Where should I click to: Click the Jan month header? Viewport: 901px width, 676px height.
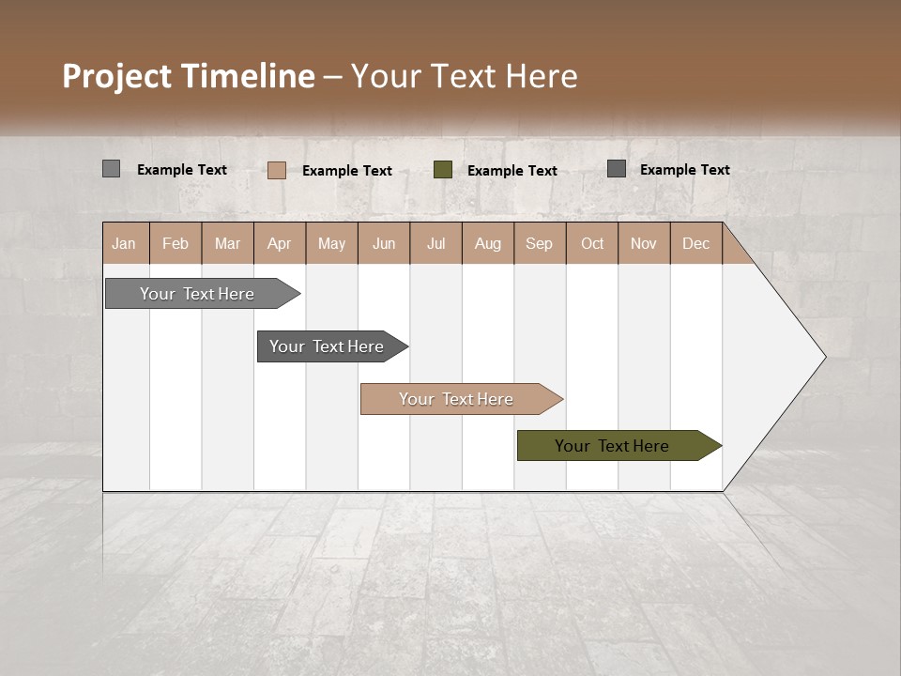pyautogui.click(x=124, y=244)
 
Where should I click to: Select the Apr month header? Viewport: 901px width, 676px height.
pyautogui.click(x=279, y=244)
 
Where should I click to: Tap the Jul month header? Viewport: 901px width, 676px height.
pyautogui.click(x=435, y=244)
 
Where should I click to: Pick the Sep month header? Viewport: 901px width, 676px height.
pyautogui.click(x=539, y=244)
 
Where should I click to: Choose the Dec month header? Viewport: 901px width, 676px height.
pyautogui.click(x=695, y=244)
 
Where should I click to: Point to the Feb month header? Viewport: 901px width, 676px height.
pyautogui.click(x=176, y=244)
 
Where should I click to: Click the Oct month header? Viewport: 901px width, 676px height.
pyautogui.click(x=592, y=244)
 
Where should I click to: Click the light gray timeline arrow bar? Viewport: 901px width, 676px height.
pyautogui.click(x=197, y=294)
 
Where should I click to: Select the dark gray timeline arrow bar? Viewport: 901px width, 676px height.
pyautogui.click(x=327, y=346)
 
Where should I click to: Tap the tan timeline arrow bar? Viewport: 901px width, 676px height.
pyautogui.click(x=456, y=399)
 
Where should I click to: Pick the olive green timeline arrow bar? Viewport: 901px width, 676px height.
pyautogui.click(x=612, y=446)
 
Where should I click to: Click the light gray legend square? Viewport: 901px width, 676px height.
pyautogui.click(x=111, y=169)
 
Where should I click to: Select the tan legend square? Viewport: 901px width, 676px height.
pyautogui.click(x=276, y=170)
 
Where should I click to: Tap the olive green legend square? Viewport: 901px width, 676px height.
pyautogui.click(x=443, y=169)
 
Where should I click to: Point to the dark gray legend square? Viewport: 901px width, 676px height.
pyautogui.click(x=617, y=168)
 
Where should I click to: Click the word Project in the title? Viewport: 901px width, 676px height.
pyautogui.click(x=117, y=76)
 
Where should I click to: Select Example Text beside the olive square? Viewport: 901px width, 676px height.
pyautogui.click(x=512, y=171)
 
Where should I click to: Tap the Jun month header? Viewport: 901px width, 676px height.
pyautogui.click(x=384, y=244)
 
